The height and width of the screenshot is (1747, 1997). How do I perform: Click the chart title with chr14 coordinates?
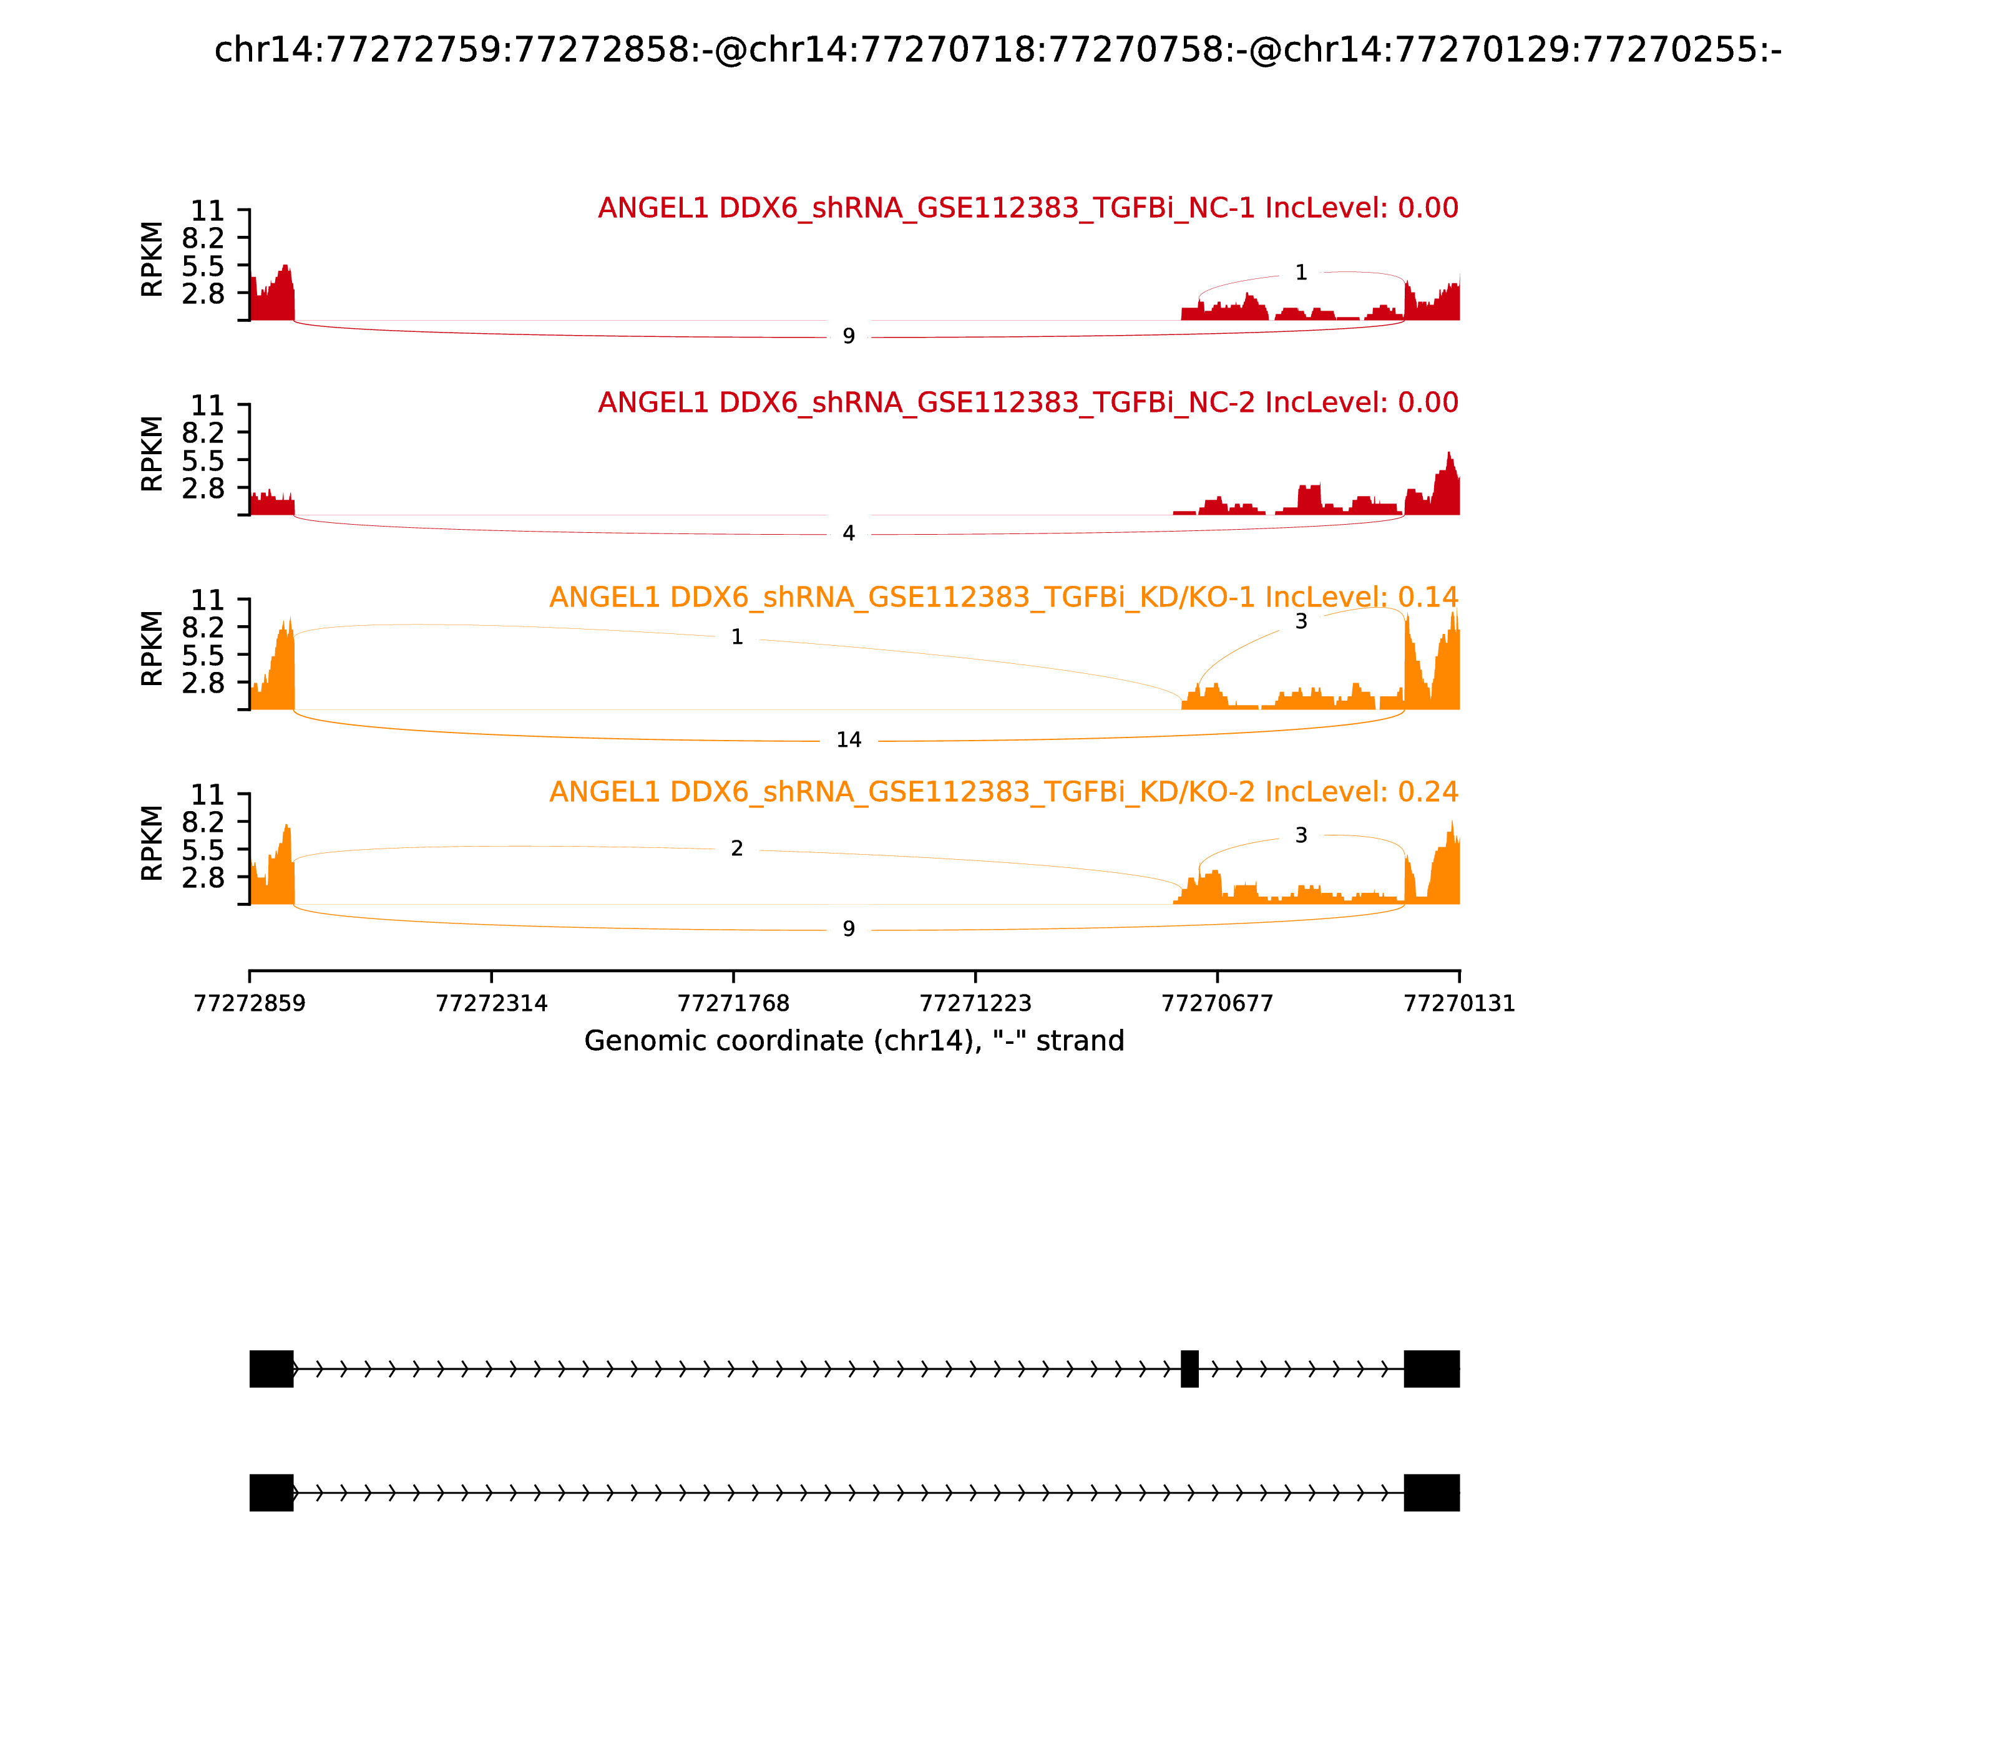tap(997, 50)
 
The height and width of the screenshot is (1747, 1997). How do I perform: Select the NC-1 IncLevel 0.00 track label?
tap(1028, 208)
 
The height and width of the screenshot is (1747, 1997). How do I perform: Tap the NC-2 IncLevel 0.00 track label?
tap(1028, 402)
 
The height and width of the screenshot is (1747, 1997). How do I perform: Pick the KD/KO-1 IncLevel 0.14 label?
tap(1003, 596)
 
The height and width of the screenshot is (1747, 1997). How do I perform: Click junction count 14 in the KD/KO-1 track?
tap(848, 740)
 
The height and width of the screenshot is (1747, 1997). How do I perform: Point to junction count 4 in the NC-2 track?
tap(848, 533)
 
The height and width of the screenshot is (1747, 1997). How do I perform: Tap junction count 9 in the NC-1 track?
tap(848, 336)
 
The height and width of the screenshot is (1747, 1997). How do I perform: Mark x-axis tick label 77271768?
tap(733, 1003)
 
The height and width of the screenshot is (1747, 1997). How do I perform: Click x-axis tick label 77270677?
tap(1217, 1003)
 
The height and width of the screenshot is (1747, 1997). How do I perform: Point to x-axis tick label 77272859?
tap(250, 1003)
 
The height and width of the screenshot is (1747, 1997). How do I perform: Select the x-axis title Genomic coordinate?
tap(854, 1041)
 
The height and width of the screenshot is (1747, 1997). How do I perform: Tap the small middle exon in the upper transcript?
tap(1189, 1369)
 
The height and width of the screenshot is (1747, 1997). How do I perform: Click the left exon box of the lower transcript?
tap(271, 1492)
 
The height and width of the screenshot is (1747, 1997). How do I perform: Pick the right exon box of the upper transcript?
tap(1432, 1369)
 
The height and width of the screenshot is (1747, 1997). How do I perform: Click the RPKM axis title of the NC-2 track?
tap(152, 454)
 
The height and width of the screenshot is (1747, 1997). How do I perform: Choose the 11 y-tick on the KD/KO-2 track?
tap(207, 794)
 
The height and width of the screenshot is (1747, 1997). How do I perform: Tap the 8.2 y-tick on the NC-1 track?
tap(203, 238)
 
